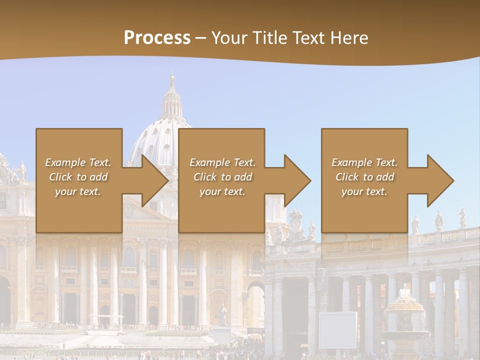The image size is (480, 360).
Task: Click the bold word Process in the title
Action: click(x=157, y=38)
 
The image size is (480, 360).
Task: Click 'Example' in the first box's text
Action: click(x=65, y=162)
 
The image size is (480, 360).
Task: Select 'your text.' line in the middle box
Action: click(x=222, y=191)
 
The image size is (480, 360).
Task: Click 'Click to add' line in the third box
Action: click(x=364, y=177)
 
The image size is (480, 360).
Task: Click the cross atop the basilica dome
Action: click(x=172, y=72)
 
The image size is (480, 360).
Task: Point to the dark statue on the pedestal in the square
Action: click(x=222, y=315)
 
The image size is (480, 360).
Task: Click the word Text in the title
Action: click(x=309, y=38)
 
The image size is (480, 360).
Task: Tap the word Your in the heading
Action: click(x=229, y=38)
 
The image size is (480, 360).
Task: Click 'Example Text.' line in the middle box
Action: click(x=222, y=162)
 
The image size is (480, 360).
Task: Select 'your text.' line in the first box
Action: click(x=78, y=191)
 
